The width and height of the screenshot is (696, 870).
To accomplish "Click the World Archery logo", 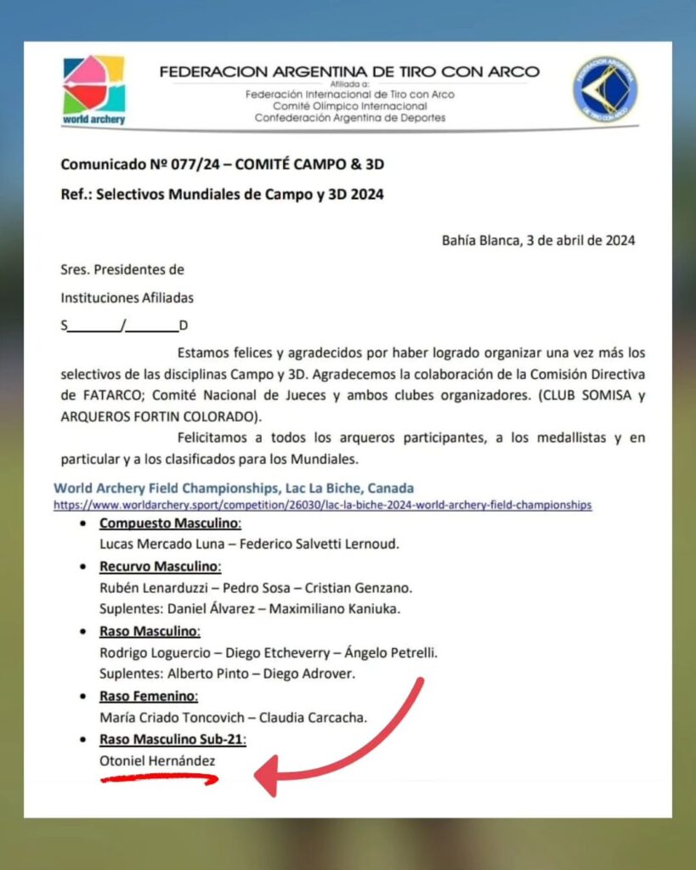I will (93, 89).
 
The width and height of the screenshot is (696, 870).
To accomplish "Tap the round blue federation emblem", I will (604, 89).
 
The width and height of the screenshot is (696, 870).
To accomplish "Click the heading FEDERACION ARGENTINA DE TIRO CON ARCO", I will (349, 71).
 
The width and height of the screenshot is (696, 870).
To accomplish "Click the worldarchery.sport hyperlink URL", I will (322, 505).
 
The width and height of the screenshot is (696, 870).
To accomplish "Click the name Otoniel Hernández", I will (157, 761).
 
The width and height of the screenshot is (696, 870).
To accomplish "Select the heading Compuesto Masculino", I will (170, 523).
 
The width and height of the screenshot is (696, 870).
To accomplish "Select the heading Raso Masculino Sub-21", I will (173, 739).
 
